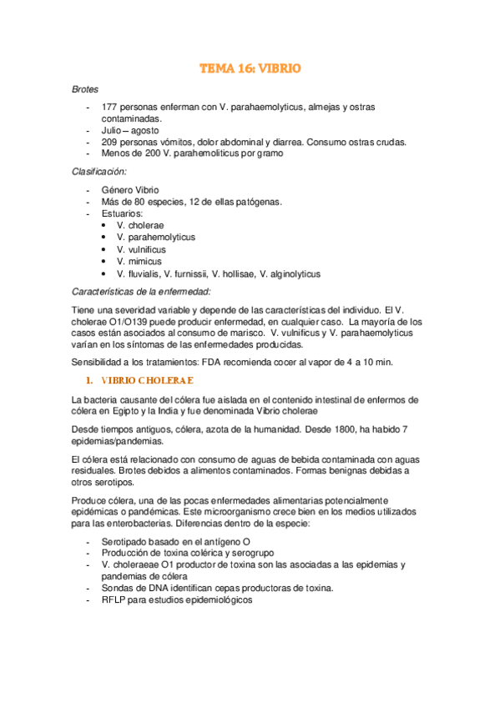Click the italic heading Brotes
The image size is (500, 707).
[x=85, y=88]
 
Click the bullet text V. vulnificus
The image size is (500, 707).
[x=141, y=249]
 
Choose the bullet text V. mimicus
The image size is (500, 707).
[x=139, y=262]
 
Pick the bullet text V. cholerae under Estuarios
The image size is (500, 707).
[x=140, y=225]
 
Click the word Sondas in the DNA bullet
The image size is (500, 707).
[x=118, y=588]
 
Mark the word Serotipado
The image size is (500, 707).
[x=127, y=541]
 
